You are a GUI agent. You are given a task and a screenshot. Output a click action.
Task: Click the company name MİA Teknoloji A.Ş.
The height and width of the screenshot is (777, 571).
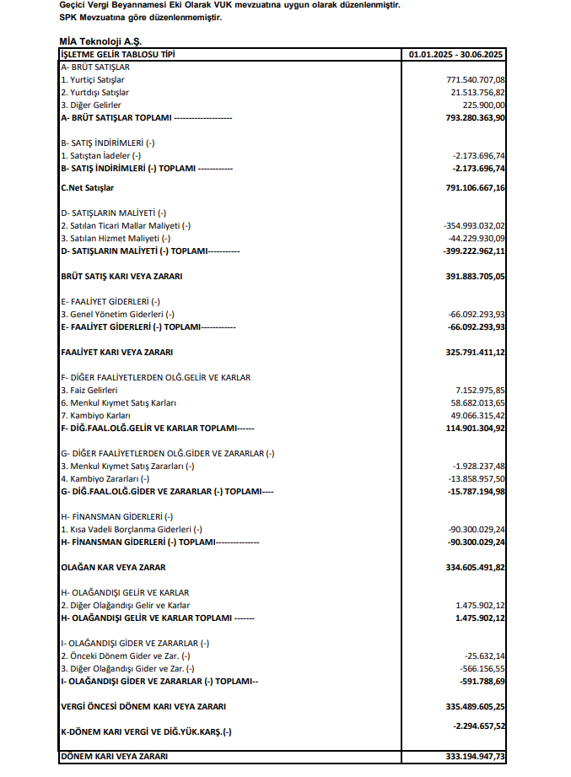pyautogui.click(x=101, y=41)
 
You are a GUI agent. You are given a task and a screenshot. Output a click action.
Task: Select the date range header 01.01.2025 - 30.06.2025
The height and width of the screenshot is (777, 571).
pyautogui.click(x=456, y=55)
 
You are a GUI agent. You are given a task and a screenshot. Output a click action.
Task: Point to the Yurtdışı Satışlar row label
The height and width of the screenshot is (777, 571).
pyautogui.click(x=94, y=92)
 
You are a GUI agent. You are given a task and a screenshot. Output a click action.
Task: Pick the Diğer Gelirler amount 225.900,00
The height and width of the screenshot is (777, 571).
pyautogui.click(x=484, y=105)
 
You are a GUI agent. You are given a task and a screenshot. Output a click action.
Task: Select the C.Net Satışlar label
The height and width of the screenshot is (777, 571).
pyautogui.click(x=87, y=187)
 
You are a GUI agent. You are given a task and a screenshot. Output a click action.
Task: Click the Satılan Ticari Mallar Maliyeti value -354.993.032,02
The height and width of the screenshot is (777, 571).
pyautogui.click(x=473, y=226)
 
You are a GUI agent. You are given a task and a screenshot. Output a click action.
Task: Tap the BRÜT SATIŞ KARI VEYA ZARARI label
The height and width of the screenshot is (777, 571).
pyautogui.click(x=121, y=276)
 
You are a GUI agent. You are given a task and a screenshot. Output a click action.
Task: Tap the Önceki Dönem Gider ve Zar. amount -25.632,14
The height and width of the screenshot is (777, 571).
pyautogui.click(x=484, y=656)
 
